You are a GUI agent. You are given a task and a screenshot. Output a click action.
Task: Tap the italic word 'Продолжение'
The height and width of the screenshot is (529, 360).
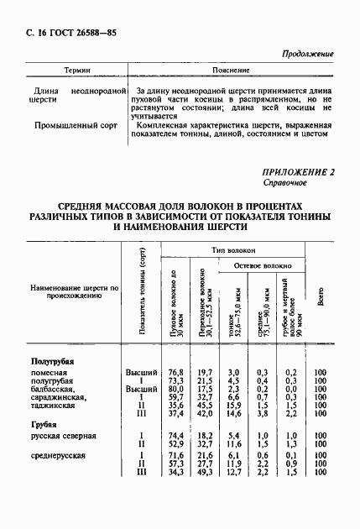(x=306, y=53)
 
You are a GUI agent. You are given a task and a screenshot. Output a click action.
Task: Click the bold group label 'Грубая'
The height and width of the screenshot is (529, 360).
(x=44, y=425)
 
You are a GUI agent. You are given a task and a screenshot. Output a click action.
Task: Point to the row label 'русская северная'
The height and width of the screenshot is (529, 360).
(x=64, y=436)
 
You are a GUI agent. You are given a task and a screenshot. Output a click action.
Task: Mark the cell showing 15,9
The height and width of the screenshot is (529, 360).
(x=234, y=406)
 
